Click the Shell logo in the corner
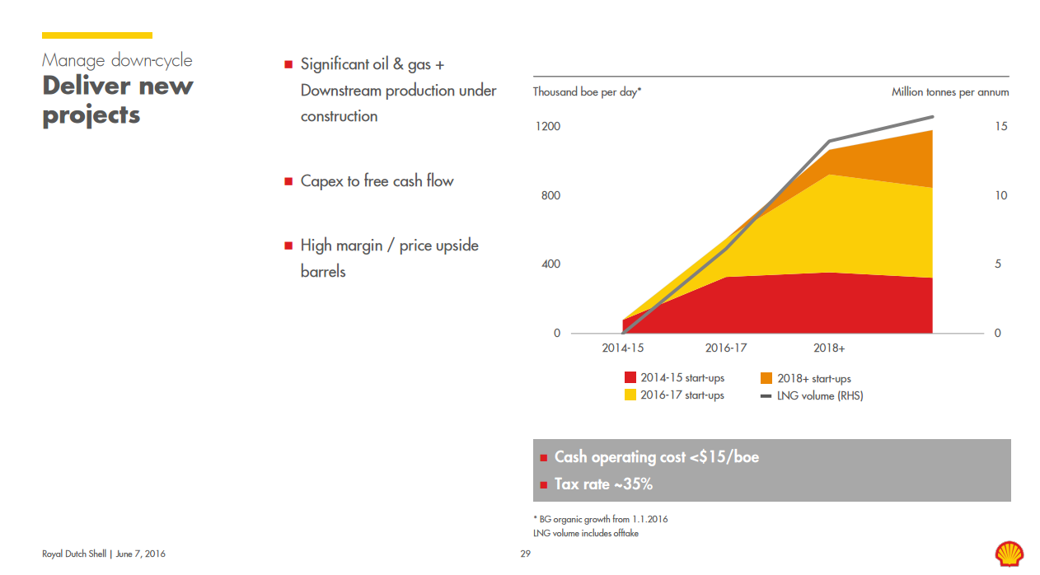1009,553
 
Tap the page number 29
525,554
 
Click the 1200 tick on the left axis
547,126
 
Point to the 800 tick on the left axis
550,195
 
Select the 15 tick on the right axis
1000,126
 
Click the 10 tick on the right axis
1000,195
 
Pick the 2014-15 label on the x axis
623,348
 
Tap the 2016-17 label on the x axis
726,348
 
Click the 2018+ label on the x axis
829,348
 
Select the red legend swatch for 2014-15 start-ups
630,378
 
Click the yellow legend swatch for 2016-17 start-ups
630,395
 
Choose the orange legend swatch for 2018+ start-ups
766,378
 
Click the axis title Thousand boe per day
587,92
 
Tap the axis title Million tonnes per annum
949,92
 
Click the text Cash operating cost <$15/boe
656,457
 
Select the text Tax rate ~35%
603,484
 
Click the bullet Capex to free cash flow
377,181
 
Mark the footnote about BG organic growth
601,519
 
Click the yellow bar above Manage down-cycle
97,35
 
